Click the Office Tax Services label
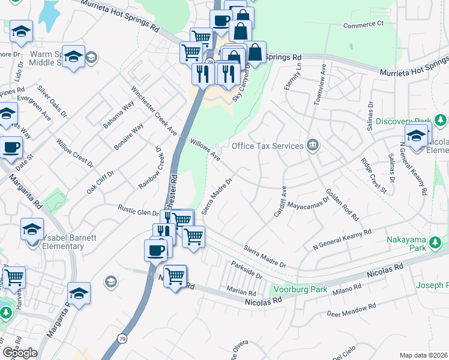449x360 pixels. [267, 146]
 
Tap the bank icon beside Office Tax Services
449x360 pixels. [312, 145]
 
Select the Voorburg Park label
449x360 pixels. [300, 289]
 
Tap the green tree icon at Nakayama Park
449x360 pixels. [435, 243]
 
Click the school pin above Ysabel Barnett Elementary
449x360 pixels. [32, 229]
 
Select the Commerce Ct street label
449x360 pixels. [363, 25]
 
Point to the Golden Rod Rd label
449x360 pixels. [342, 204]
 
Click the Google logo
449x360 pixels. [20, 352]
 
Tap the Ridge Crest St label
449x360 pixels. [373, 175]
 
